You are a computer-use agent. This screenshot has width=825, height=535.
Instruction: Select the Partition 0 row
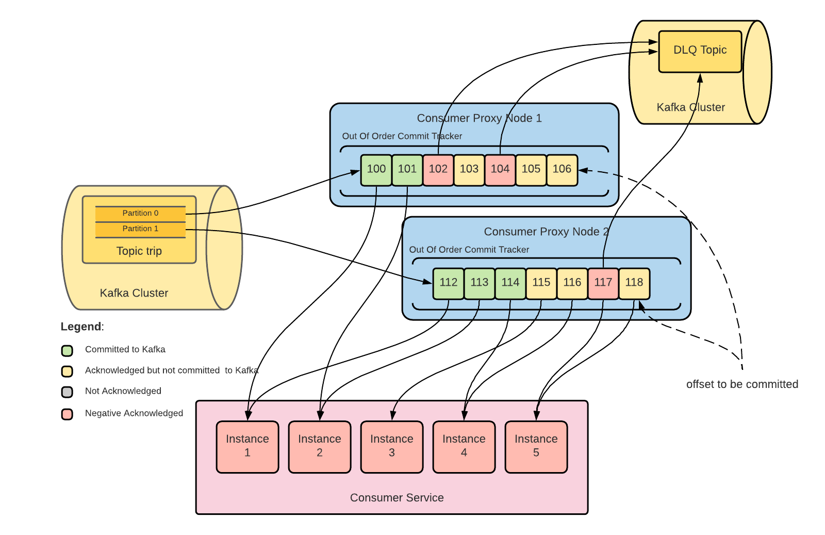[140, 213]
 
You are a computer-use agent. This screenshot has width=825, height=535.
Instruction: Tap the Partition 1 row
[140, 229]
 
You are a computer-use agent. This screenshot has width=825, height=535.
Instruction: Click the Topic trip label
[139, 251]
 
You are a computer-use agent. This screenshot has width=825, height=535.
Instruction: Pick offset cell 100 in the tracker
[376, 169]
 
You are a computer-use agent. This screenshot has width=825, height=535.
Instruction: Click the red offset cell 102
[438, 169]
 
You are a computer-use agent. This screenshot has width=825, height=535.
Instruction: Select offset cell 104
[500, 169]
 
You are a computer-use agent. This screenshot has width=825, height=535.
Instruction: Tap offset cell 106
[562, 169]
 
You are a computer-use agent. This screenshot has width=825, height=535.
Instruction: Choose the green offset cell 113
[479, 283]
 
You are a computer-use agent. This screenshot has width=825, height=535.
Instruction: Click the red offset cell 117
[603, 283]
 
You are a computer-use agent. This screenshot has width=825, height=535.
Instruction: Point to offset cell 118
[634, 283]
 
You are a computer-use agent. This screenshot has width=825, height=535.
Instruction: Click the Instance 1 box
[247, 446]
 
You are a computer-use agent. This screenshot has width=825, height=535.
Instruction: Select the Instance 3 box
[392, 446]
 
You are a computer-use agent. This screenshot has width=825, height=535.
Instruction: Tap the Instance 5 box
[536, 446]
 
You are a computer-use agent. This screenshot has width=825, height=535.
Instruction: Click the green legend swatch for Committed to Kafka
[67, 351]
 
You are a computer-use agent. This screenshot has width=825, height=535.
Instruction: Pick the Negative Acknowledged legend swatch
[67, 414]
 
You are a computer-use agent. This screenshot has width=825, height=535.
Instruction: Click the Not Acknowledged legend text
[123, 391]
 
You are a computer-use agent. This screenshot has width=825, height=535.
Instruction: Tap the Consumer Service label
[397, 498]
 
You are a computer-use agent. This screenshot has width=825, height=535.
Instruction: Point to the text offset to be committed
[742, 384]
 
